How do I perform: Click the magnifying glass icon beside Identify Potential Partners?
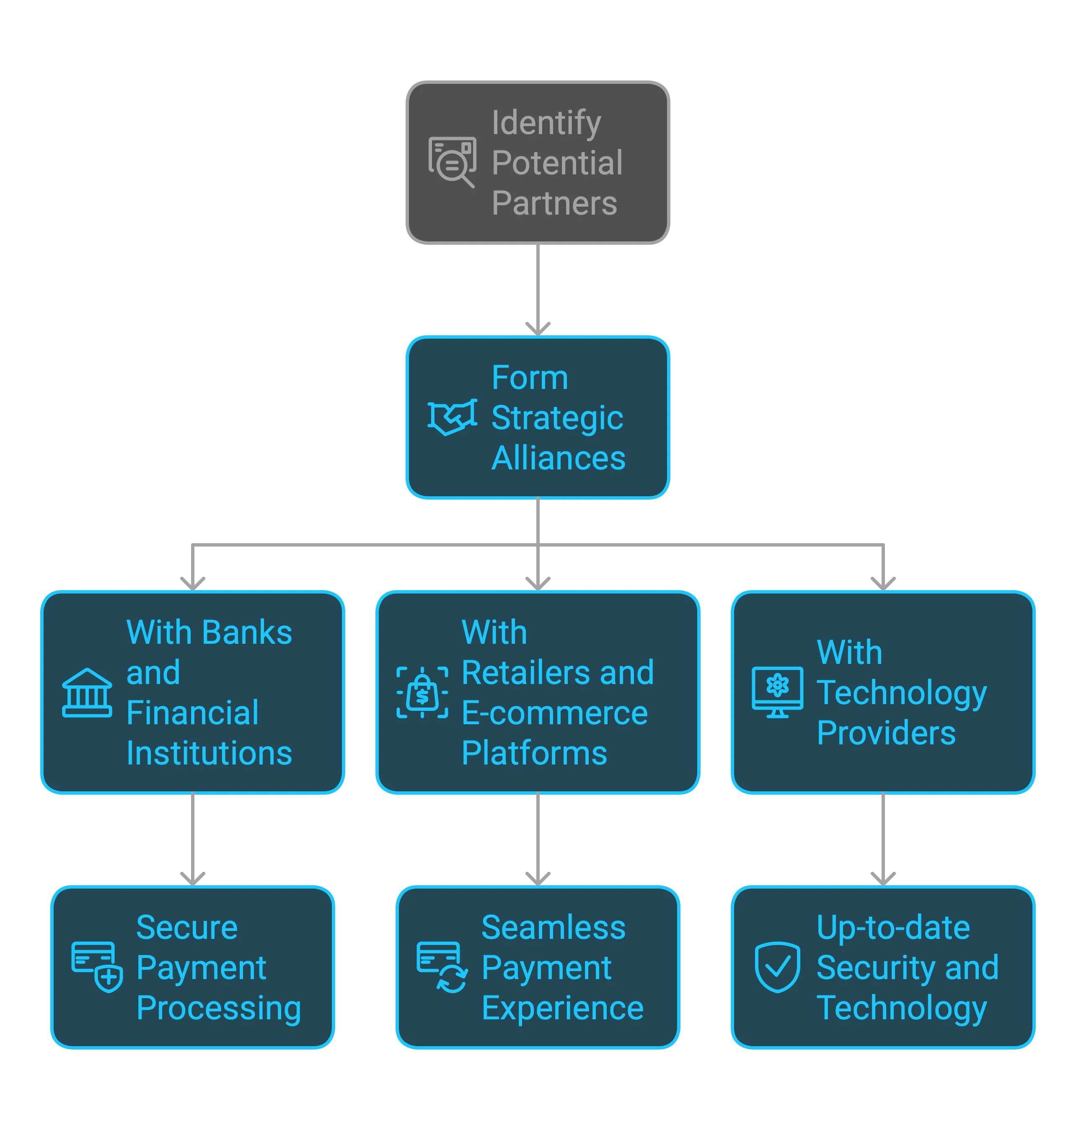click(452, 161)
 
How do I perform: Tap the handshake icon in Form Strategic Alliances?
click(452, 417)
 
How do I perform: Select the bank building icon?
click(87, 692)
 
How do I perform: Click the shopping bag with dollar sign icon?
click(422, 692)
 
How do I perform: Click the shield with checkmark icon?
click(777, 967)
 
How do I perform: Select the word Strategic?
click(557, 418)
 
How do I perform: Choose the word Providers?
click(886, 733)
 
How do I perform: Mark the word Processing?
click(219, 1008)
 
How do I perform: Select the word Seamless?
click(553, 928)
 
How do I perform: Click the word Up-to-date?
click(892, 928)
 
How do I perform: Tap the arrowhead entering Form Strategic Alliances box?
click(538, 329)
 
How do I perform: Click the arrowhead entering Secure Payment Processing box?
click(192, 878)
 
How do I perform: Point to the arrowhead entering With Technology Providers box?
click(883, 583)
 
